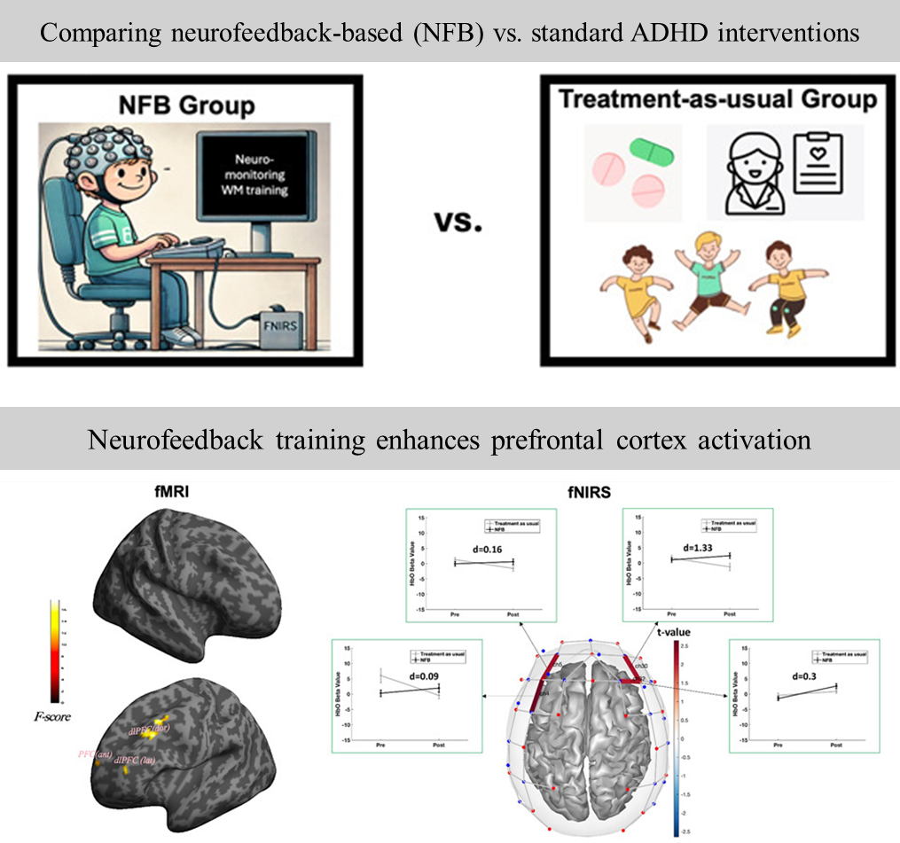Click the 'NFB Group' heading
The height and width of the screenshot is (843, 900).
pos(186,106)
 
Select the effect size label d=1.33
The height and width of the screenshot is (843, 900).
pos(700,547)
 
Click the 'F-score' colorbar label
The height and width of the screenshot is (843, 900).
pos(57,716)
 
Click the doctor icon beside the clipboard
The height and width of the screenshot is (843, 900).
pos(748,171)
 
